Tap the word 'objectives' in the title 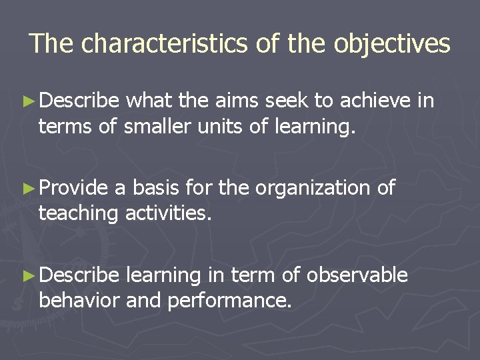coord(392,43)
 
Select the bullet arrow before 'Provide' coord(27,189)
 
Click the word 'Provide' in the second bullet coord(73,188)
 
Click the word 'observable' coord(357,275)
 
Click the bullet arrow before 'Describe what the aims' coord(27,101)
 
